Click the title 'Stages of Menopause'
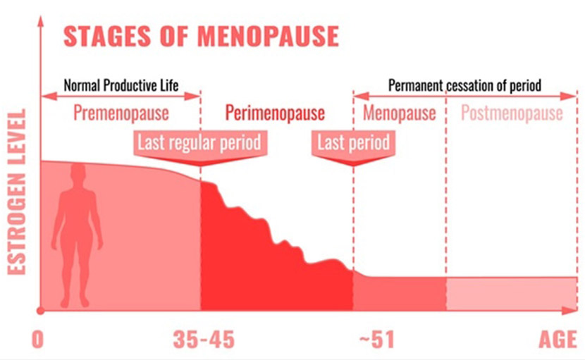click(201, 36)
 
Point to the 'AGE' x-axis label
click(558, 340)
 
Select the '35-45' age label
click(204, 340)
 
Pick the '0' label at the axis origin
click(38, 340)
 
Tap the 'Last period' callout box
click(353, 143)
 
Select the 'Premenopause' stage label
click(121, 113)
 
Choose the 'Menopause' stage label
click(399, 113)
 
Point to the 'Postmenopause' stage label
click(512, 113)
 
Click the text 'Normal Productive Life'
click(121, 86)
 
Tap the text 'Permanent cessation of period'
click(464, 86)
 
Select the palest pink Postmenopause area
click(511, 293)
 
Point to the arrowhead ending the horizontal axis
click(572, 310)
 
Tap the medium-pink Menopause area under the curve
click(399, 293)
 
